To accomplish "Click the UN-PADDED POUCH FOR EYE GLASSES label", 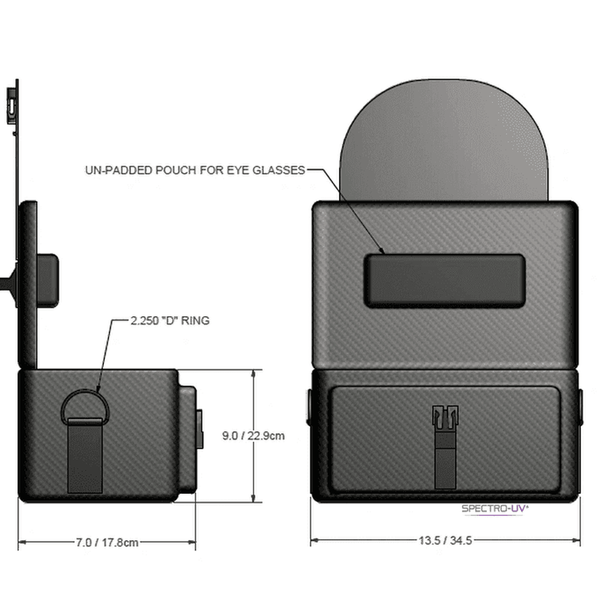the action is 195,170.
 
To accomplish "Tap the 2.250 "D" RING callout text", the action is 170,320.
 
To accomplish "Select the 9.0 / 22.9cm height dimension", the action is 253,436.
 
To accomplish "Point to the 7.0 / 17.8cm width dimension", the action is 107,542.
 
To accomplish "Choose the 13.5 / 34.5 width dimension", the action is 445,541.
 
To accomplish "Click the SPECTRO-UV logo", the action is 495,509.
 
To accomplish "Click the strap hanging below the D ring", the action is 85,455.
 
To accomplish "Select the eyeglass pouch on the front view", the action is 445,280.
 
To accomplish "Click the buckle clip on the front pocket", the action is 445,418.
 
